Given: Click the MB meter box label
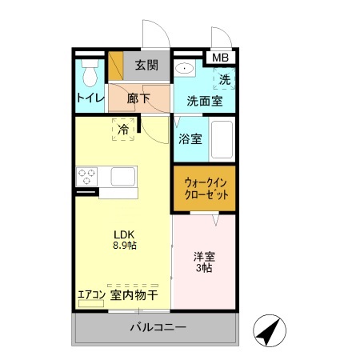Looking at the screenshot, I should pos(220,58).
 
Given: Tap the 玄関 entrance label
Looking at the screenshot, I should pos(146,66).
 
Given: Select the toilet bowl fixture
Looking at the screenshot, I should pos(90,74).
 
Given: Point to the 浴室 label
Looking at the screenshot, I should pos(190,138).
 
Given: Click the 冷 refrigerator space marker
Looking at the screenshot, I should pos(123,129).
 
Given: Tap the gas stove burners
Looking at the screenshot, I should pos(86,176).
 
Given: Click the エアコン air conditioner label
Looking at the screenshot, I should pos(91,294).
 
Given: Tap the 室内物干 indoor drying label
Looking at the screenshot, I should pos(134,294).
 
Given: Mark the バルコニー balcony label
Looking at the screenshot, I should pos(158,328).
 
